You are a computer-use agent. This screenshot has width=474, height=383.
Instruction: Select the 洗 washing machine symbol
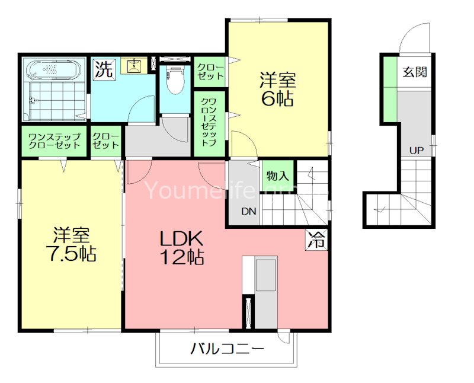[x=103, y=70]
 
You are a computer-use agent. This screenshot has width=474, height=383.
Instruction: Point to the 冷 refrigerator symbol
[x=317, y=240]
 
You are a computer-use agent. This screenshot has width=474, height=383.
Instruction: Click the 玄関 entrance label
[x=414, y=73]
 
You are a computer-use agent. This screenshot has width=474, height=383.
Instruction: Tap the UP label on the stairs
[x=416, y=151]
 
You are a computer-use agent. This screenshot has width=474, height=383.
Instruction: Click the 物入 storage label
[x=277, y=175]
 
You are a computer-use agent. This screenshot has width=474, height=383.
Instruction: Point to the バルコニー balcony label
[x=227, y=349]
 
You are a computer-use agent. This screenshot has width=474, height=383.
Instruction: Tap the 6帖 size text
[x=277, y=98]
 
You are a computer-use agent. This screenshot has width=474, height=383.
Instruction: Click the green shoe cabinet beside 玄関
[x=389, y=88]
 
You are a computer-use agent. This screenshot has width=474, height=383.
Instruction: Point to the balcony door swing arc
[x=283, y=337]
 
